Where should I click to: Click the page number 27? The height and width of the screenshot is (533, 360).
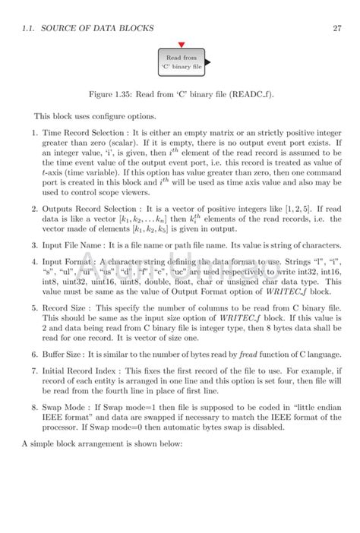click(x=336, y=28)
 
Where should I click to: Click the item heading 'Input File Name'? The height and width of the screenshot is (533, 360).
click(x=73, y=244)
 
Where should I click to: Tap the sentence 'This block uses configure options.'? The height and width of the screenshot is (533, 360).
click(x=94, y=116)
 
